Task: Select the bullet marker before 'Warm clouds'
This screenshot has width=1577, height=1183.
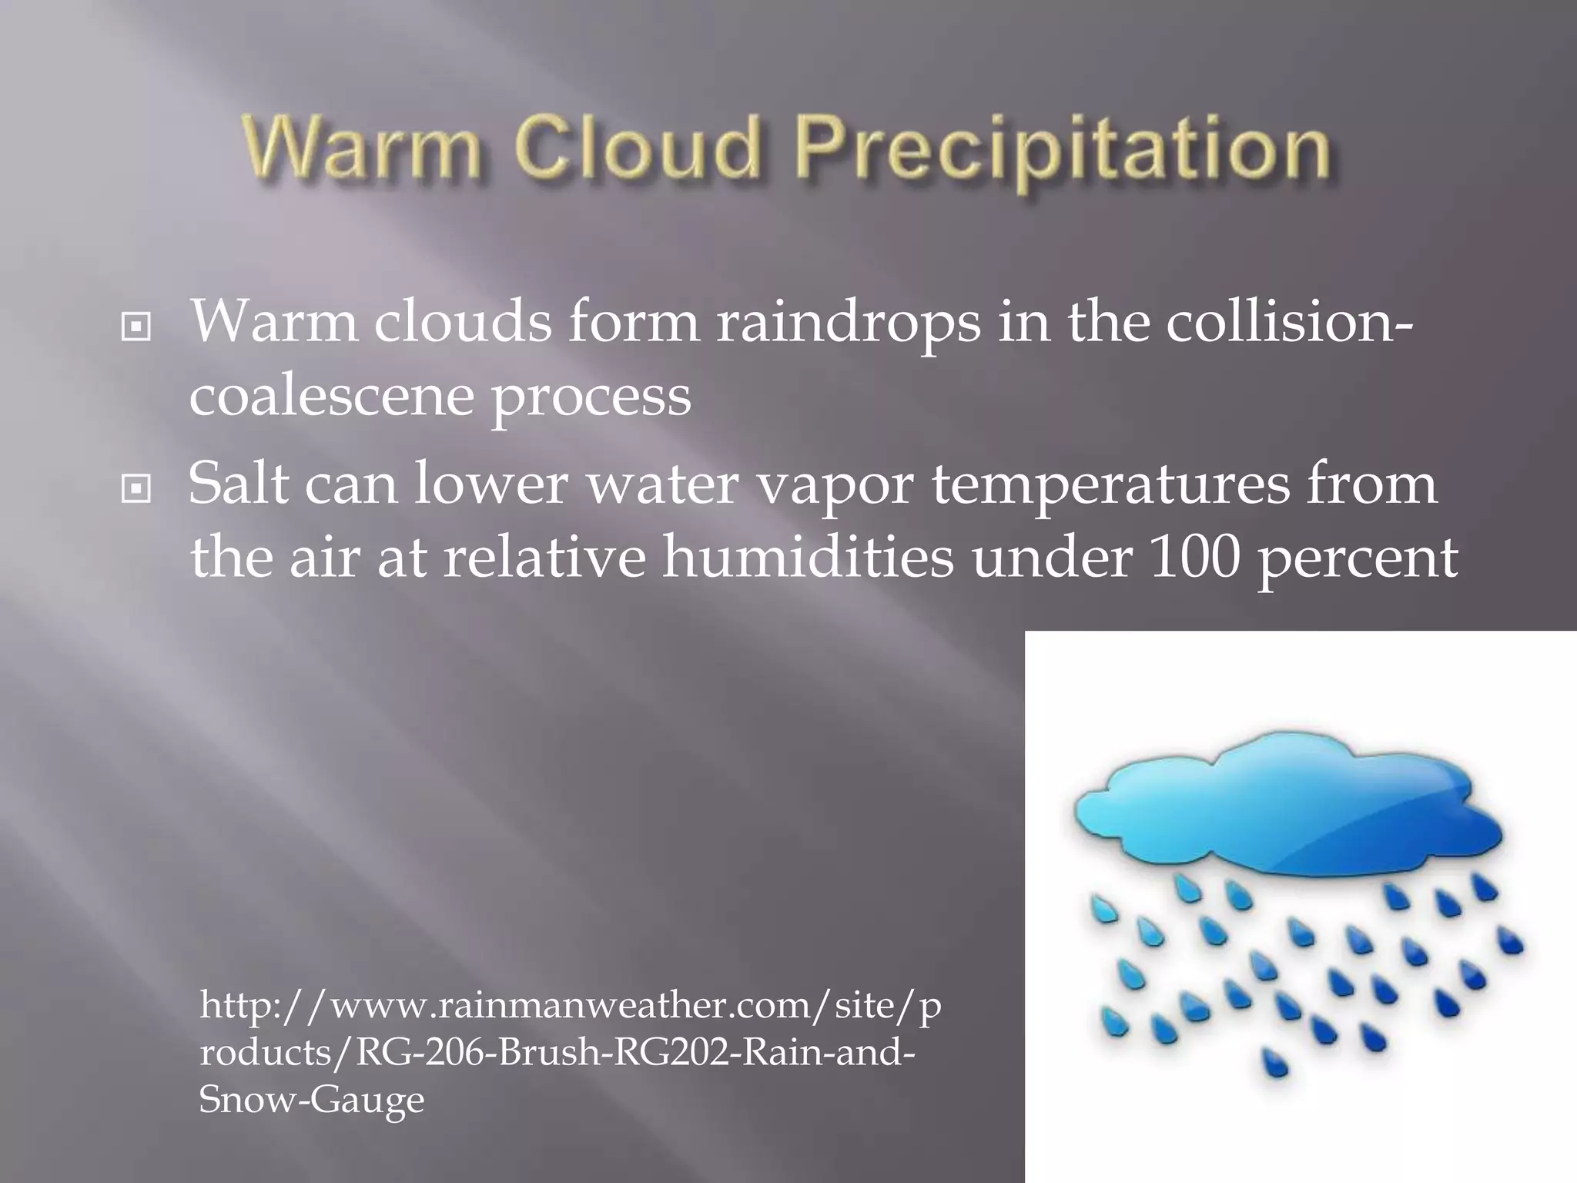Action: point(136,327)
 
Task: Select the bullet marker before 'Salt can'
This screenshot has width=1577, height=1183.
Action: point(136,488)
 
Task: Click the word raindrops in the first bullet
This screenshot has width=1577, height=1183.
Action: point(848,323)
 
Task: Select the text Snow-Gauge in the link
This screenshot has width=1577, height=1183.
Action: point(311,1099)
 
